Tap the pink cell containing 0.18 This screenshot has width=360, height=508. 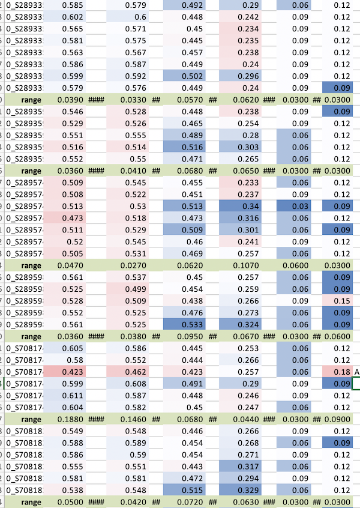tap(341, 372)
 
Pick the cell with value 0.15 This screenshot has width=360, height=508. tap(341, 301)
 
